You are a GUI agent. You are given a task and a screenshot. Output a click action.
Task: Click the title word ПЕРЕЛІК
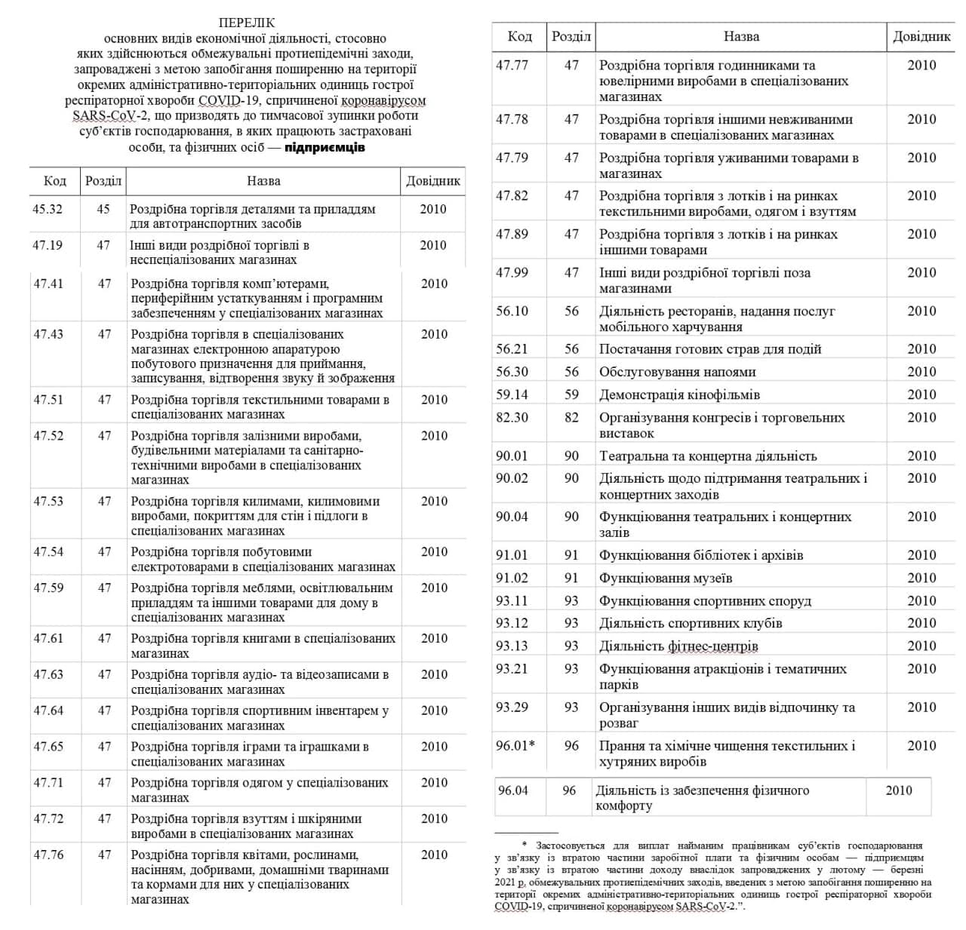(247, 23)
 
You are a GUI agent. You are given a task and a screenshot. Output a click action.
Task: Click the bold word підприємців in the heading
(325, 147)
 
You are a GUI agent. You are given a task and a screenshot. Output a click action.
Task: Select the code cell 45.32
(48, 209)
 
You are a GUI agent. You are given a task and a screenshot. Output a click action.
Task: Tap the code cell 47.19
(48, 245)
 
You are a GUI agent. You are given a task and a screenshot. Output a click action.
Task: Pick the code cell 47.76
(48, 855)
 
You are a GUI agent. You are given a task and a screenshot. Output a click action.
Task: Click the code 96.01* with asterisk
(515, 745)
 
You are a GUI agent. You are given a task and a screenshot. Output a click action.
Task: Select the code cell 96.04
(513, 790)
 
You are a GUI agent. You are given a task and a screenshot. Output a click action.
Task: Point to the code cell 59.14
(512, 394)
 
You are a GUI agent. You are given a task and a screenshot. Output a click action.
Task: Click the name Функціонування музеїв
(666, 578)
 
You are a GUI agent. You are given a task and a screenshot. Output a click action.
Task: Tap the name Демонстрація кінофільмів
(679, 394)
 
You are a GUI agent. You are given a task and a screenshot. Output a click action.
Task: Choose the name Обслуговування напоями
(677, 372)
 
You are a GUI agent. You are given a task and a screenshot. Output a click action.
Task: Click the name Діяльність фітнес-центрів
(678, 646)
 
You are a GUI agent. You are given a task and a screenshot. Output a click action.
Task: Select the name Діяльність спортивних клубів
(691, 623)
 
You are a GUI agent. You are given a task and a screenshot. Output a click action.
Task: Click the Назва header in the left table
(263, 181)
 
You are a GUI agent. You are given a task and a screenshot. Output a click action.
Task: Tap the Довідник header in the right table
(921, 36)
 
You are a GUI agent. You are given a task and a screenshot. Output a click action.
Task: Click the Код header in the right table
(519, 36)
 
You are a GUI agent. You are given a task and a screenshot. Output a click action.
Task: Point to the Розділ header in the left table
(103, 181)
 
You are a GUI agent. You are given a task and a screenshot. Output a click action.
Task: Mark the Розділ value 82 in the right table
(572, 417)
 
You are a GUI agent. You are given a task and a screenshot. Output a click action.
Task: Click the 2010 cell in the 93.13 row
(921, 646)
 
